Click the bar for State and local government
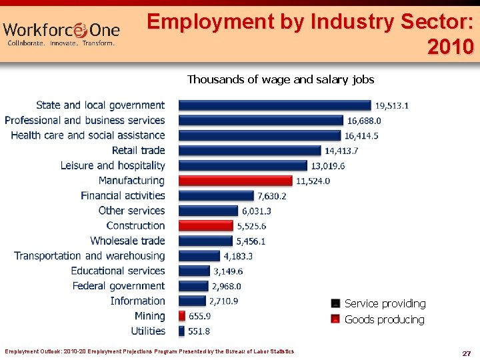(x=275, y=105)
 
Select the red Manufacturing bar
(x=235, y=181)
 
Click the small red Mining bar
(x=182, y=316)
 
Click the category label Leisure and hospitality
(x=113, y=165)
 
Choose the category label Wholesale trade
(x=127, y=241)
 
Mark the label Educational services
(x=118, y=271)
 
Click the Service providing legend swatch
(x=336, y=304)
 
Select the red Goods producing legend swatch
(x=336, y=319)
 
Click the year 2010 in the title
(x=451, y=47)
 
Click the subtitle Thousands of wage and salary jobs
(x=281, y=80)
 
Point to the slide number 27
(x=466, y=353)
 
